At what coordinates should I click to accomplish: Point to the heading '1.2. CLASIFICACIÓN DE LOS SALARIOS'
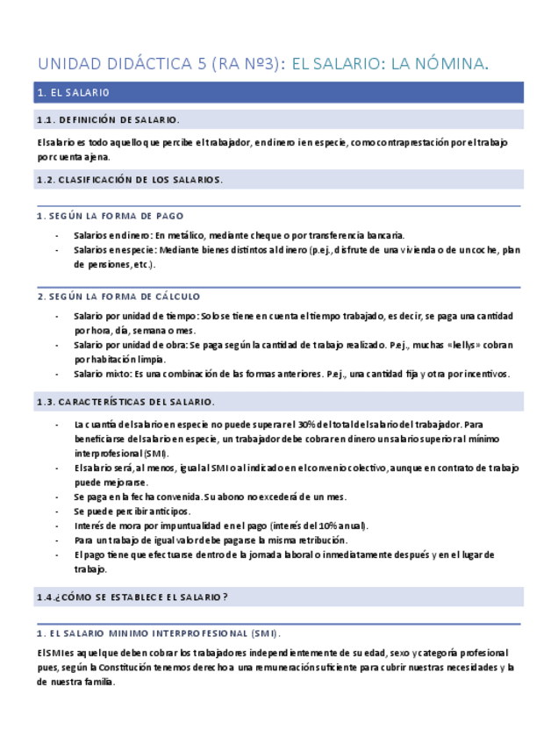pos(129,180)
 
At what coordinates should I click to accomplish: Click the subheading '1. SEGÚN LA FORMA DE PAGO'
pos(111,216)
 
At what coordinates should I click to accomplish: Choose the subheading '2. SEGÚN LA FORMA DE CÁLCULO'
pos(118,297)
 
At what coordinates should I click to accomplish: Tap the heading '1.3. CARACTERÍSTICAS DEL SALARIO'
pos(125,402)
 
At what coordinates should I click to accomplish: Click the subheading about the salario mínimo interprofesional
pos(158,633)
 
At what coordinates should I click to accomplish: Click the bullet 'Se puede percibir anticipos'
pos(132,511)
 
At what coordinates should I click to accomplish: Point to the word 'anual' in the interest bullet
pos(354,526)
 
